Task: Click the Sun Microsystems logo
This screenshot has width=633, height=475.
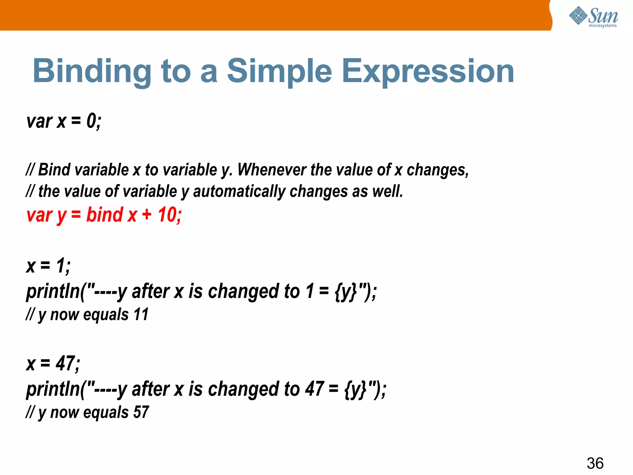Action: (x=593, y=17)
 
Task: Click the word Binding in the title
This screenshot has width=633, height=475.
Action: (x=92, y=72)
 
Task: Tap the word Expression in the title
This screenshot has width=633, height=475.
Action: (x=428, y=72)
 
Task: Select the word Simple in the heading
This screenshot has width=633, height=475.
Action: (x=279, y=72)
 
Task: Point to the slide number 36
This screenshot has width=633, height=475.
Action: (x=595, y=463)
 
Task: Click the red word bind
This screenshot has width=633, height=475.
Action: (x=104, y=215)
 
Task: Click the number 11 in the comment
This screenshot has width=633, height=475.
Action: (x=141, y=315)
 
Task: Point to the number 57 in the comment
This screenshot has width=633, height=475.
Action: (x=141, y=412)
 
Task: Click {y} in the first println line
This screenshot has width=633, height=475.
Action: (x=346, y=292)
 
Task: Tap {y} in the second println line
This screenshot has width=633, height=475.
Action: (x=355, y=389)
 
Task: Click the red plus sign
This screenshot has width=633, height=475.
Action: (x=147, y=215)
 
